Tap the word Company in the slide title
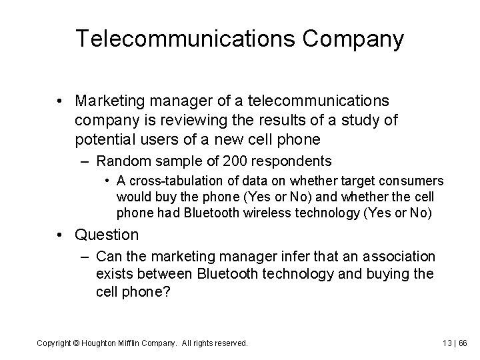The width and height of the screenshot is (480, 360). (x=353, y=40)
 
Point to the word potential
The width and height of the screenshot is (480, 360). (x=108, y=139)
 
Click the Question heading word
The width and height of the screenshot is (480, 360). (x=107, y=235)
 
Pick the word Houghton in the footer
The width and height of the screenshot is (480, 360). (x=100, y=343)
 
